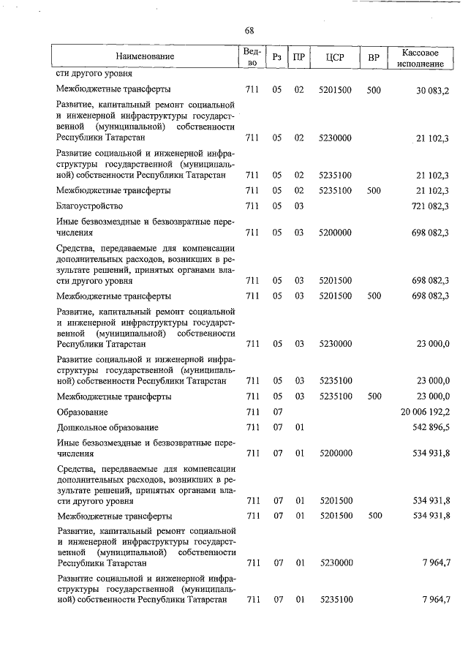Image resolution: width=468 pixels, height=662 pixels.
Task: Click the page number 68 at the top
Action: pyautogui.click(x=249, y=31)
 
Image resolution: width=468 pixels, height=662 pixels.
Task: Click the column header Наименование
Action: pyautogui.click(x=145, y=57)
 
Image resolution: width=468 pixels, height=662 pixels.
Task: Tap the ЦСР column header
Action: pyautogui.click(x=336, y=57)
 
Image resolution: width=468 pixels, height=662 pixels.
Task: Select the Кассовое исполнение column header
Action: pyautogui.click(x=420, y=58)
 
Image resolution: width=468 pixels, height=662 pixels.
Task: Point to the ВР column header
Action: pyautogui.click(x=374, y=57)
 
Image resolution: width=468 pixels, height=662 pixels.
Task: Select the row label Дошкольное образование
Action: pyautogui.click(x=107, y=426)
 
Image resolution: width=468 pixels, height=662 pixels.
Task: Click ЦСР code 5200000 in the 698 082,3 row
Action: pyautogui.click(x=336, y=232)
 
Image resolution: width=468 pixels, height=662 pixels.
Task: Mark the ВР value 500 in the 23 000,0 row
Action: pyautogui.click(x=374, y=396)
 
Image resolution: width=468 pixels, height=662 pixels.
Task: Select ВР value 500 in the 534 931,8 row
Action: pyautogui.click(x=374, y=516)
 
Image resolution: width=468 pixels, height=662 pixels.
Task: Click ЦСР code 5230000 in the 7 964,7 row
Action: pyautogui.click(x=336, y=563)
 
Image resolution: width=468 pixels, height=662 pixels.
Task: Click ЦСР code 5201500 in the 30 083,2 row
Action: pyautogui.click(x=336, y=89)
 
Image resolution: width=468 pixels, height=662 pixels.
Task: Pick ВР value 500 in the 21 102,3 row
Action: pyautogui.click(x=374, y=190)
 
